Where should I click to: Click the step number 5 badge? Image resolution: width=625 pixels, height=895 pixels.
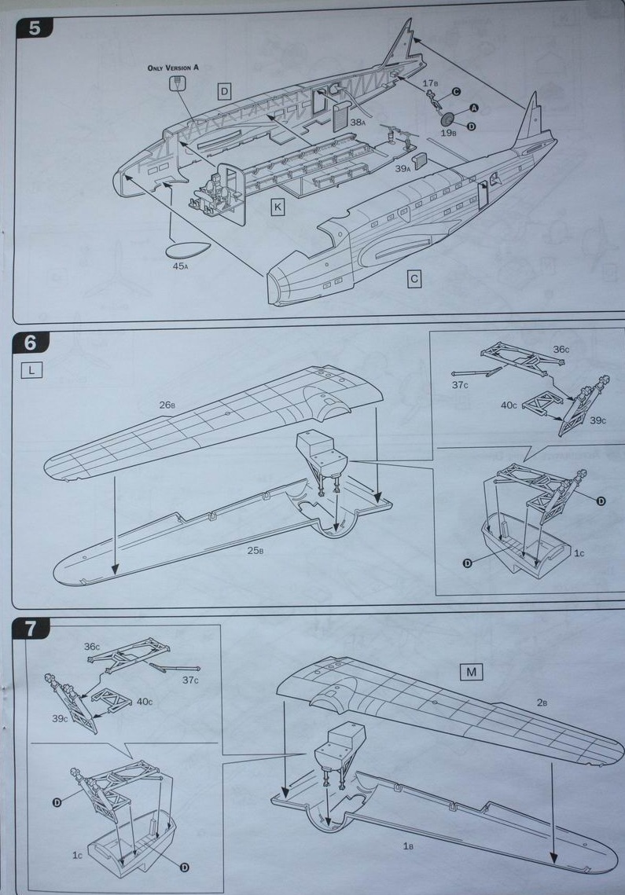click(x=35, y=28)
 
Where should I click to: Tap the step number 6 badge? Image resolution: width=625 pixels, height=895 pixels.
click(x=31, y=343)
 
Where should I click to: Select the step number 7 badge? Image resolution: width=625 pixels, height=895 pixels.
click(x=31, y=628)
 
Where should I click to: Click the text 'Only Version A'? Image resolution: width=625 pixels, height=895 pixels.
click(x=173, y=68)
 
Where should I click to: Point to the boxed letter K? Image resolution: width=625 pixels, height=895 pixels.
click(x=278, y=207)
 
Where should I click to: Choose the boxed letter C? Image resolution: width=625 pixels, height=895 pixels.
click(x=414, y=278)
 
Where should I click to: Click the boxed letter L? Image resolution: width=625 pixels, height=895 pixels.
click(x=31, y=369)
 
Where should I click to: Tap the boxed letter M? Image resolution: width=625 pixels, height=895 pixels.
click(x=472, y=671)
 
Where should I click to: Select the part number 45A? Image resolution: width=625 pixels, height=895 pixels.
click(x=181, y=266)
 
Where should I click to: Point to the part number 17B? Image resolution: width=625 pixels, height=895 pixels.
click(x=430, y=83)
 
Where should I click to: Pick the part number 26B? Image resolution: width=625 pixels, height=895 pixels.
click(x=167, y=405)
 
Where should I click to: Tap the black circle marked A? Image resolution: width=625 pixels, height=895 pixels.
click(x=475, y=107)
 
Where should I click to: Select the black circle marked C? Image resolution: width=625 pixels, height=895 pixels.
click(x=456, y=92)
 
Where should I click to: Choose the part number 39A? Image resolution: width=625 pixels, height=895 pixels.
click(x=403, y=168)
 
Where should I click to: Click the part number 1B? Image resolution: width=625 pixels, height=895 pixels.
click(x=409, y=845)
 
